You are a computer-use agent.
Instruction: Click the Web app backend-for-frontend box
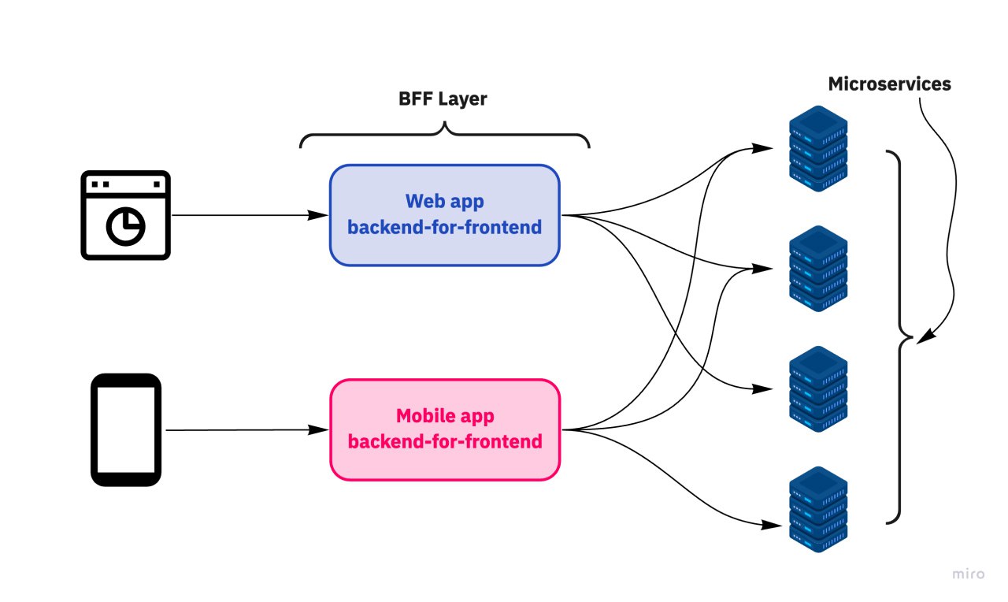[x=444, y=215]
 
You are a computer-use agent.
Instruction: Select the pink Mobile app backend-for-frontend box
[x=444, y=429]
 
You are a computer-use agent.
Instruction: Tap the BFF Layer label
[x=442, y=100]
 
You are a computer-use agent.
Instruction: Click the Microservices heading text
[x=889, y=84]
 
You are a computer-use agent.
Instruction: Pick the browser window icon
[x=125, y=215]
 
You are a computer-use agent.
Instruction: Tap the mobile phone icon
[x=126, y=429]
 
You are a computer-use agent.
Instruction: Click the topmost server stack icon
[x=818, y=151]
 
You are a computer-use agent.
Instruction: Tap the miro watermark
[x=969, y=574]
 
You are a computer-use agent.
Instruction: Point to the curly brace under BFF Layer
[x=444, y=134]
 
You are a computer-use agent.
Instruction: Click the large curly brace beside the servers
[x=898, y=337]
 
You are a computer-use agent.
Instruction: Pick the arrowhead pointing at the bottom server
[x=764, y=525]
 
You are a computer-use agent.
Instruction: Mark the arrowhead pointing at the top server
[x=762, y=148]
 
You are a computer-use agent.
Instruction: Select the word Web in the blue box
[x=421, y=202]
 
